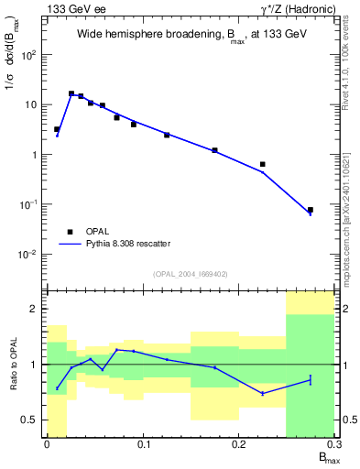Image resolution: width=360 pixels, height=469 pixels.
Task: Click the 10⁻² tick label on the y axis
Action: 28,254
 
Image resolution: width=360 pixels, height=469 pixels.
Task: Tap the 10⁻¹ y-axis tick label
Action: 28,204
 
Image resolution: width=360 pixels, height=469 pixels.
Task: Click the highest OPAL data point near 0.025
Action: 71,93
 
